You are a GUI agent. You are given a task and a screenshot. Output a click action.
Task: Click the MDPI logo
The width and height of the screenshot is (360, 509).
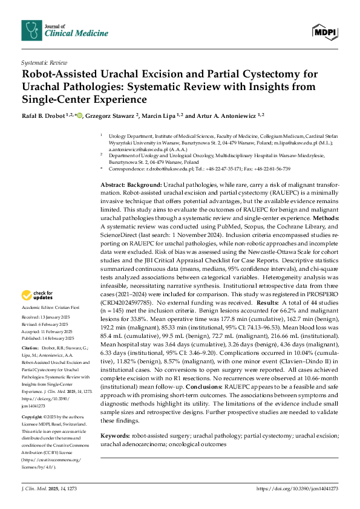326,30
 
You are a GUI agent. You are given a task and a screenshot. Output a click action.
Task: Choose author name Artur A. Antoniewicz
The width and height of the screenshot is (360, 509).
222,115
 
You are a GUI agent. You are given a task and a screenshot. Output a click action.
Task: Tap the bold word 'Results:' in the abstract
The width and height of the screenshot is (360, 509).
269,301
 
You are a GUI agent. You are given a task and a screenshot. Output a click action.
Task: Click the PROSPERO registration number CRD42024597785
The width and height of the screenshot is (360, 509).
128,301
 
